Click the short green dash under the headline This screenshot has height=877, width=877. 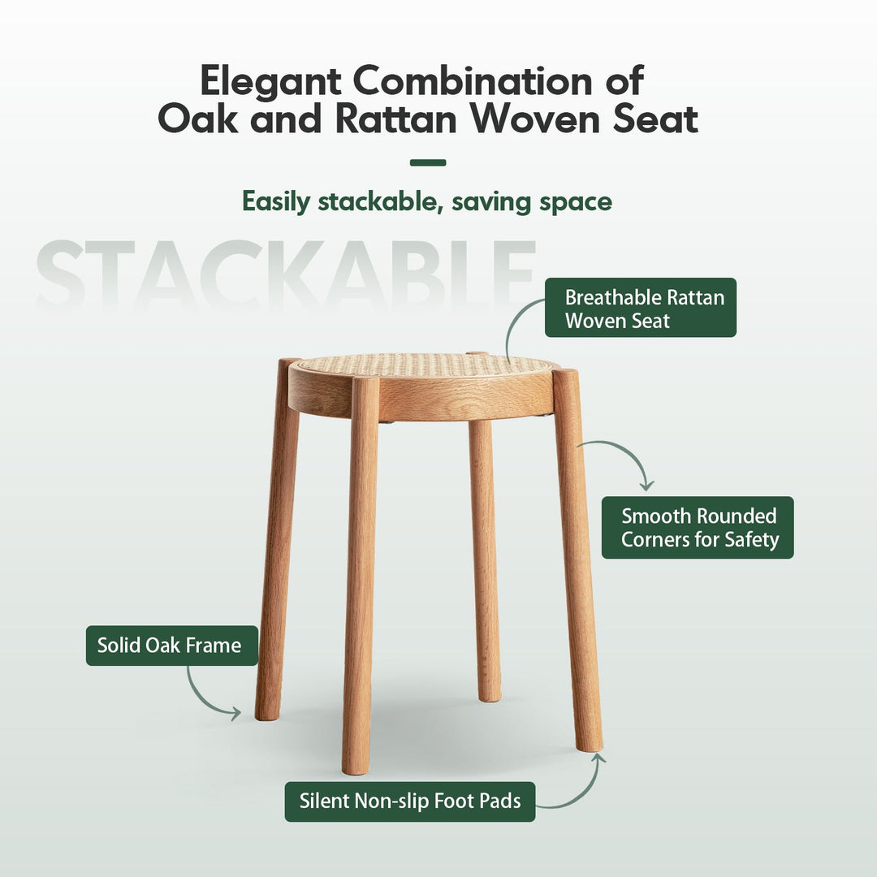pyautogui.click(x=428, y=162)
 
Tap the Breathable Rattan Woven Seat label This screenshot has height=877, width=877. pyautogui.click(x=641, y=308)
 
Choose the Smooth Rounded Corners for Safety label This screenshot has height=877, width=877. pyautogui.click(x=698, y=527)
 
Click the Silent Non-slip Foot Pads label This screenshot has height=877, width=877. pyautogui.click(x=410, y=801)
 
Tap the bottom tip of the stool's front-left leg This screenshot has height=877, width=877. pyautogui.click(x=356, y=767)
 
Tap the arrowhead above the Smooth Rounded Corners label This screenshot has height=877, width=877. pyautogui.click(x=646, y=485)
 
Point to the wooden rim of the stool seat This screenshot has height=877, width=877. pyautogui.click(x=422, y=402)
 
